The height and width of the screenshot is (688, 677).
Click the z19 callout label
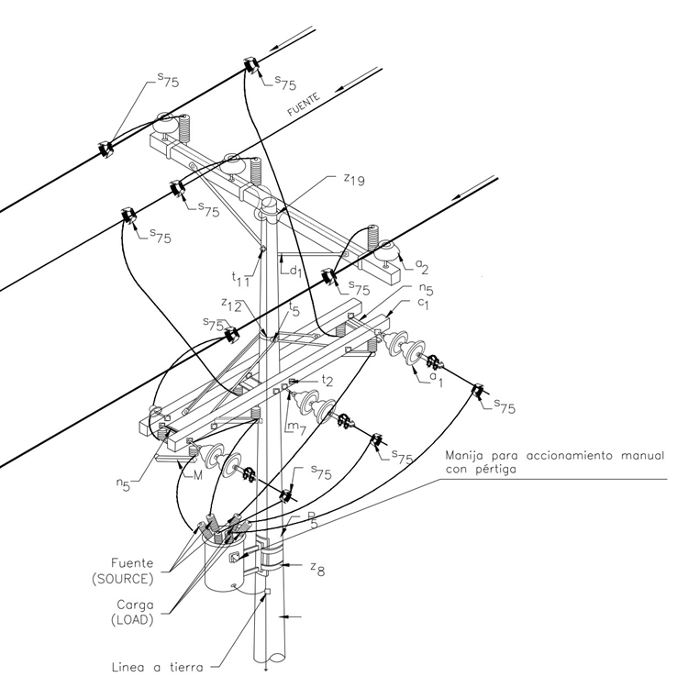tap(354, 179)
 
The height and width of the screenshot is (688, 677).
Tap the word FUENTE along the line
tap(304, 105)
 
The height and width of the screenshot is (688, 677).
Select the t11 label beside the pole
tap(241, 279)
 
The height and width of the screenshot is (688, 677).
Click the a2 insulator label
tap(422, 266)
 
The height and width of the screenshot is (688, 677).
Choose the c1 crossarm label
tap(423, 304)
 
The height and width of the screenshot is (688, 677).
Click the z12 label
tap(231, 305)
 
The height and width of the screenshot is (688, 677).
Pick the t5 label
tap(294, 310)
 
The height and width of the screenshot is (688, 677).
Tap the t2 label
tap(327, 380)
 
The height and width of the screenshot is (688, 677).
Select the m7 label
tap(298, 427)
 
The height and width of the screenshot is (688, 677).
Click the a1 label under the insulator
tap(436, 379)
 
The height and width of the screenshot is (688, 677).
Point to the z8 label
tap(318, 569)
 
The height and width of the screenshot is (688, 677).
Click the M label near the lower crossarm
tap(197, 475)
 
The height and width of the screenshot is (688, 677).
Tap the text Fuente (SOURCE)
tap(123, 571)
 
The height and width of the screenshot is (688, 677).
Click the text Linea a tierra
tap(158, 668)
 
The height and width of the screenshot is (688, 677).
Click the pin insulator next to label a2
tap(386, 252)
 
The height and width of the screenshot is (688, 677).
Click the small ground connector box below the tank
tap(267, 592)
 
